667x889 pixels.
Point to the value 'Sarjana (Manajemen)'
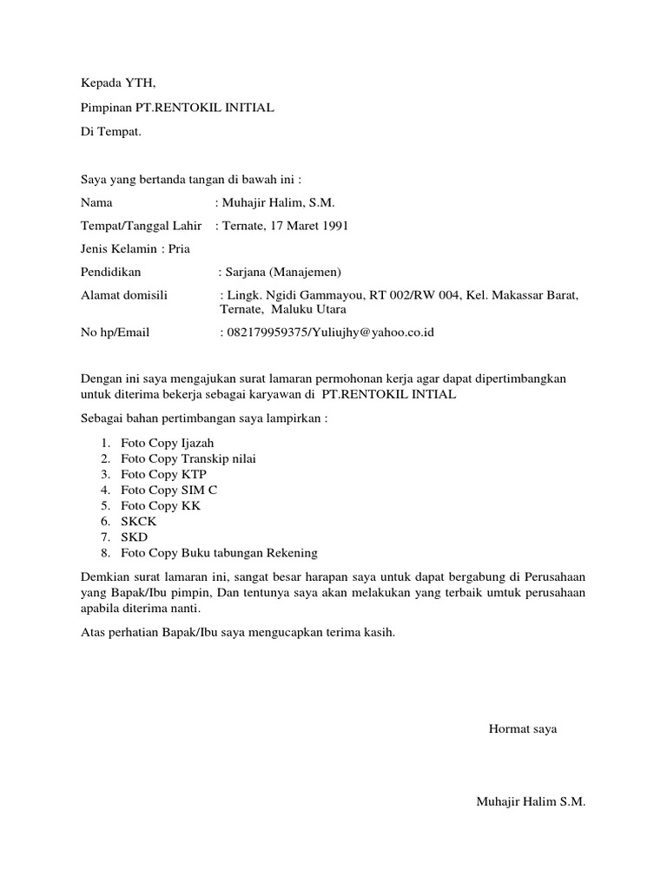(285, 272)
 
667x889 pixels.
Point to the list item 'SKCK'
(139, 521)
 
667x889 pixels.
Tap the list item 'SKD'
(135, 537)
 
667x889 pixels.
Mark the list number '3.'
(105, 474)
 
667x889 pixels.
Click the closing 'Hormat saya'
(523, 728)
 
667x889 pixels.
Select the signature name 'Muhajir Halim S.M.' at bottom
(531, 801)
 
